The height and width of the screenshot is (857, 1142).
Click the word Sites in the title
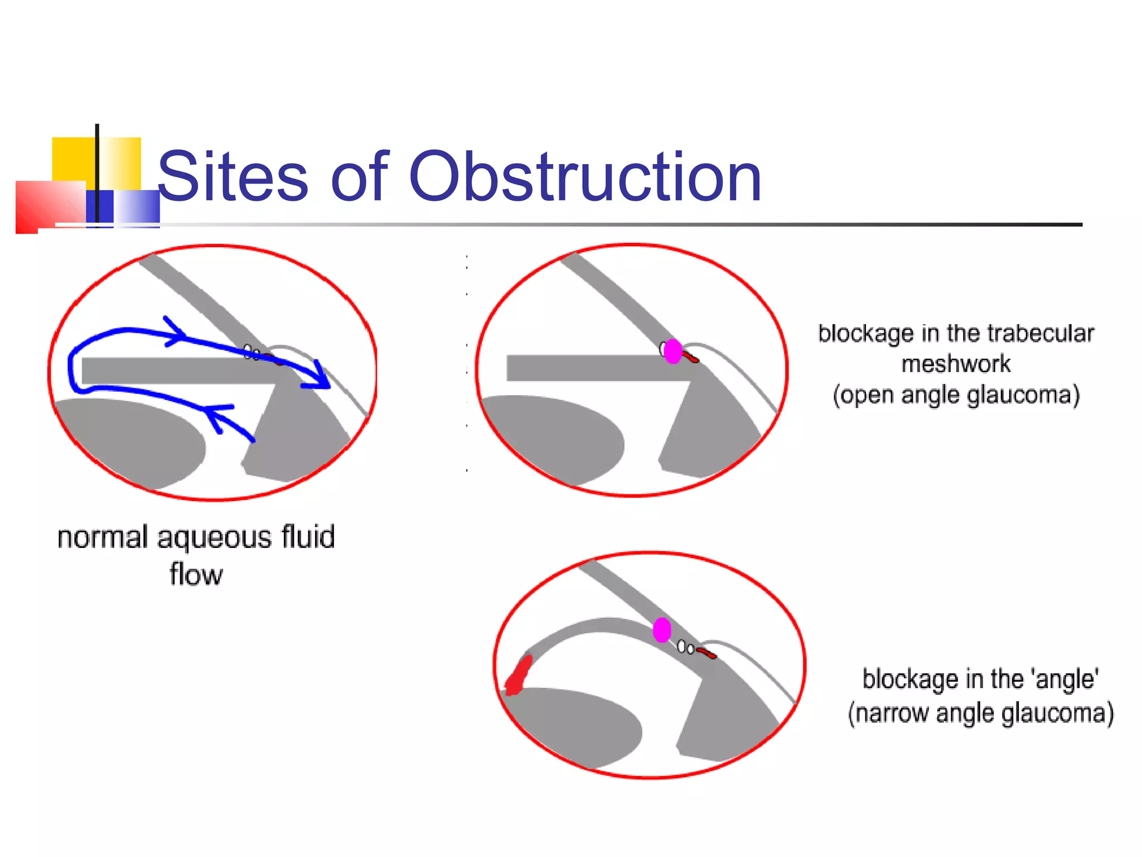(233, 177)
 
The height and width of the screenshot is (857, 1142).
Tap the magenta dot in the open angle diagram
(673, 352)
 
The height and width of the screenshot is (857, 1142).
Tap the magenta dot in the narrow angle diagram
(662, 630)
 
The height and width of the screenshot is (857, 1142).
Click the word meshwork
(956, 364)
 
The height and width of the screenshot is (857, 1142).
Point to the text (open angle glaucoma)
(956, 395)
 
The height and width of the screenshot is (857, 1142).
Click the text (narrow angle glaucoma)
(980, 714)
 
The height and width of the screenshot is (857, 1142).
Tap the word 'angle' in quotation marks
(1066, 680)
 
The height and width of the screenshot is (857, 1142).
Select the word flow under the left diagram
(196, 575)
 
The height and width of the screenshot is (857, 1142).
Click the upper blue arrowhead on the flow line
(176, 333)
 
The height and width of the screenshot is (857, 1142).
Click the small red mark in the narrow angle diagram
(707, 653)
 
